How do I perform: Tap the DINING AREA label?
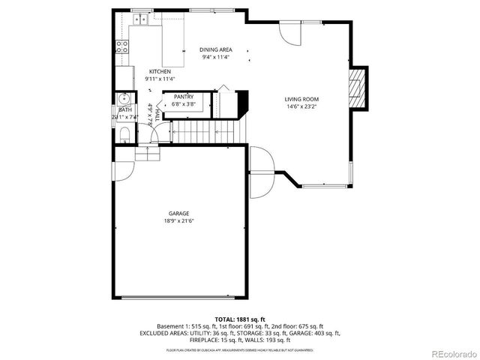point(215,49)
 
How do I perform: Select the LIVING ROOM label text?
point(301,99)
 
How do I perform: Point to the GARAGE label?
point(178,213)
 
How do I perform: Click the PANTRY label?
point(184,97)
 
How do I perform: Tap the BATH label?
point(124,109)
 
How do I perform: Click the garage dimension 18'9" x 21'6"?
point(178,221)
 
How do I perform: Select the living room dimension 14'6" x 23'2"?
point(301,107)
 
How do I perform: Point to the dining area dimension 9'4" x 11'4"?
point(215,57)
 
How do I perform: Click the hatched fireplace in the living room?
point(359,87)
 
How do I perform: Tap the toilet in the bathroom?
point(124,134)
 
